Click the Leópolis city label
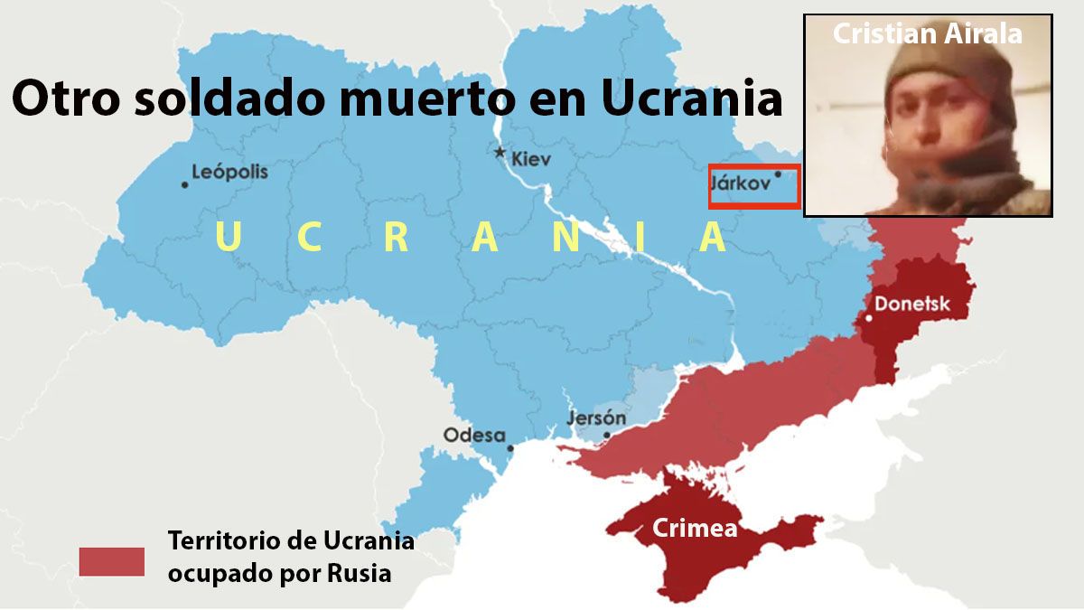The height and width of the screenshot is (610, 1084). point(230,172)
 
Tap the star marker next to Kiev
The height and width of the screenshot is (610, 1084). point(500,152)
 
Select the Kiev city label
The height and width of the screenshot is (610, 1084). point(530,160)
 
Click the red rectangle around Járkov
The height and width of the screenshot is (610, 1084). point(753,186)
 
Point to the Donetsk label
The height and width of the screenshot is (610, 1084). point(912,304)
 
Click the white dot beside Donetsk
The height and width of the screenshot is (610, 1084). point(868,318)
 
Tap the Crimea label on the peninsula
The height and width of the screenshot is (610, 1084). point(695,529)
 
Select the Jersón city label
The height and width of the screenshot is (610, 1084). point(596,418)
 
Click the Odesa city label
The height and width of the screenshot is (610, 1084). point(473,436)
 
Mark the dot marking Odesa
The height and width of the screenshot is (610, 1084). point(511,447)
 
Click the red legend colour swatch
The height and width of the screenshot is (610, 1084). point(111,561)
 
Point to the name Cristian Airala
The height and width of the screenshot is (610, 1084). point(927,33)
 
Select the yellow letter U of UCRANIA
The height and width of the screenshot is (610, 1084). point(229,238)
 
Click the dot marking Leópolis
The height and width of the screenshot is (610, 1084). point(185,184)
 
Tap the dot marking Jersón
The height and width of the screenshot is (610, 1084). point(607,435)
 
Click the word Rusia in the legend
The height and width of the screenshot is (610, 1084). point(358,573)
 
